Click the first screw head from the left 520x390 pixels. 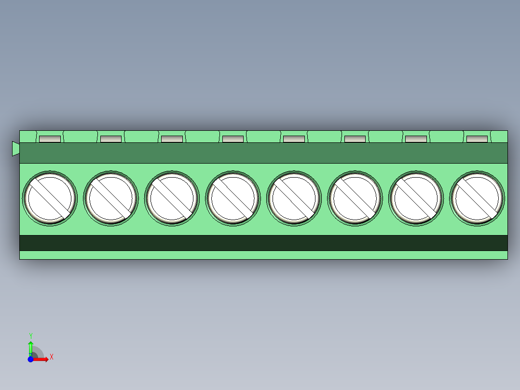click(x=50, y=198)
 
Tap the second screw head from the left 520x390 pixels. click(x=111, y=198)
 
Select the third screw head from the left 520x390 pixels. click(x=172, y=198)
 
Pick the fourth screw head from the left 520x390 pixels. click(x=233, y=198)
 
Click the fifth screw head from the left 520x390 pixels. click(x=294, y=198)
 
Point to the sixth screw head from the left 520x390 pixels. click(x=355, y=198)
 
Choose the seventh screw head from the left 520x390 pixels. click(x=416, y=198)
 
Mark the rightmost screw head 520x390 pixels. click(x=477, y=198)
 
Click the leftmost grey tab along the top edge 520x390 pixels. click(x=50, y=139)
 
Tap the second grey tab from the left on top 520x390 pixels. click(x=111, y=139)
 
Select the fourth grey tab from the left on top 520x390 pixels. click(x=233, y=139)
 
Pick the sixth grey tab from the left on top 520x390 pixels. click(x=355, y=139)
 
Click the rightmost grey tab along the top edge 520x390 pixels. click(x=477, y=139)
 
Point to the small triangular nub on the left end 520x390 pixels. click(x=15, y=149)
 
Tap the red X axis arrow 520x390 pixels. click(x=42, y=359)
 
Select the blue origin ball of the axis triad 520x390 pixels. click(x=30, y=359)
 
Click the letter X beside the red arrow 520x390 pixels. click(x=51, y=357)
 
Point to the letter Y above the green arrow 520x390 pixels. click(x=31, y=335)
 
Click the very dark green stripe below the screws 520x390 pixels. click(x=263, y=243)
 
